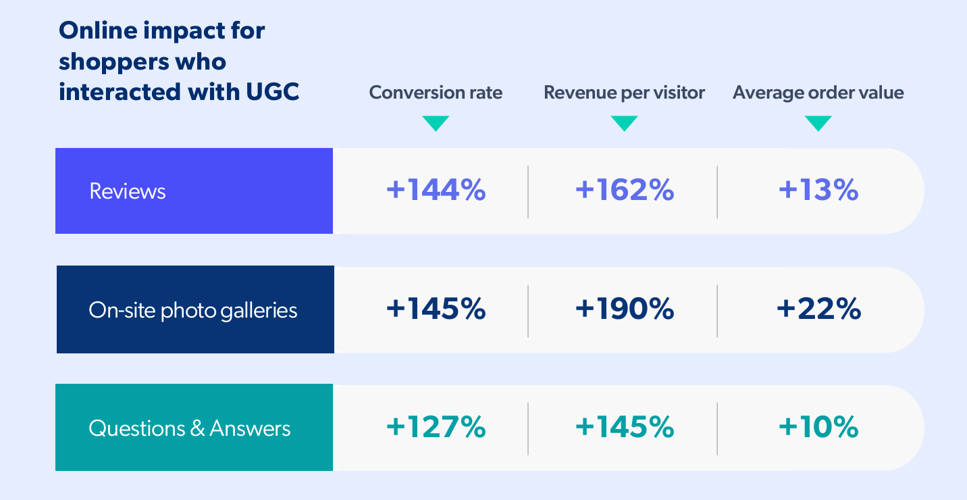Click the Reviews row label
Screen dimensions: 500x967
[x=127, y=191]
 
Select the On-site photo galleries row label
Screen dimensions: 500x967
[x=193, y=310]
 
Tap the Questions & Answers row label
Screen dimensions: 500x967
[x=190, y=428]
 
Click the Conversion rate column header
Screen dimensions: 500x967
[x=436, y=93]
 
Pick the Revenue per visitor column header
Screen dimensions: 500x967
[x=624, y=93]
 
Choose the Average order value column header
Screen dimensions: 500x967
[x=818, y=93]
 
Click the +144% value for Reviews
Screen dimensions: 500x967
[x=436, y=191]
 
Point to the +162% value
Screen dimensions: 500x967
[x=624, y=191]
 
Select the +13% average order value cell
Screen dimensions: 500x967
[x=818, y=191]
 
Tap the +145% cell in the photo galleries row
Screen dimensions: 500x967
[x=436, y=309]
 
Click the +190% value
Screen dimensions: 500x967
[x=624, y=309]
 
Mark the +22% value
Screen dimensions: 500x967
[x=818, y=309]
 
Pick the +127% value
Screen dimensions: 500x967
[x=436, y=427]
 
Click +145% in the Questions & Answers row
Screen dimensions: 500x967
[x=624, y=427]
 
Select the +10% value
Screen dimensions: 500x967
[x=818, y=427]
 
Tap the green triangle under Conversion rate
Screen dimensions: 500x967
[x=436, y=122]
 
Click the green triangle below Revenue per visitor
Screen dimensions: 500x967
[x=624, y=122]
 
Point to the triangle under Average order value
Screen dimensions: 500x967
[x=818, y=122]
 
